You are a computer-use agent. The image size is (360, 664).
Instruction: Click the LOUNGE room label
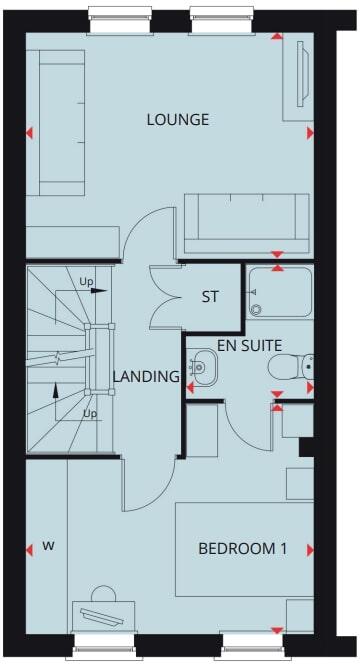pos(177,120)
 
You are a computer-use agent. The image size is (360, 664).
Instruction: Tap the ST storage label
pos(210,297)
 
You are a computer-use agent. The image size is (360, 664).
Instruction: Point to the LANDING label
pos(146,377)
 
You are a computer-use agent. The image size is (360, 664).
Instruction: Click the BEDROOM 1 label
pos(242,548)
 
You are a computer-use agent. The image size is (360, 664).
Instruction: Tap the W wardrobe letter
pos(48,547)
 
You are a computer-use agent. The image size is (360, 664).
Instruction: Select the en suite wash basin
pos(202,366)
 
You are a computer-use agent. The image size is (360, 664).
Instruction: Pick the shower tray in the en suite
pos(279,291)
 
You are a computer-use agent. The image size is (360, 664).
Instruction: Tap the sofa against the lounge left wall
pos(63,122)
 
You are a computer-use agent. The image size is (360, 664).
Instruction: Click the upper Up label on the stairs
pos(87,282)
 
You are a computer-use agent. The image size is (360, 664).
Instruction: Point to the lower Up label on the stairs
pos(90,413)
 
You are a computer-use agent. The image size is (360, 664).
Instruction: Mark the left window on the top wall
pos(117,14)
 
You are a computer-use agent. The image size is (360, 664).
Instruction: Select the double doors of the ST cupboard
pos(162,297)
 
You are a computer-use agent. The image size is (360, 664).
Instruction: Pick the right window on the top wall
pos(219,14)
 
